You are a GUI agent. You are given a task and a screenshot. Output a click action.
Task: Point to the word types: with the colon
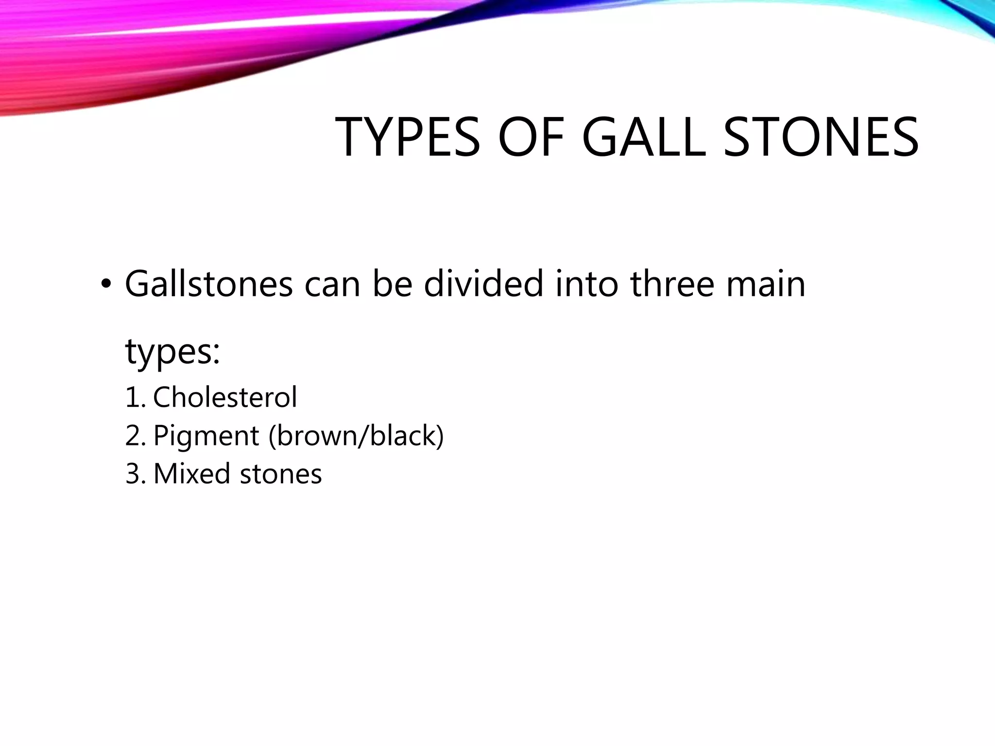tap(172, 352)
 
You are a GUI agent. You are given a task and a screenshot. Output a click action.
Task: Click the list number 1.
tap(134, 397)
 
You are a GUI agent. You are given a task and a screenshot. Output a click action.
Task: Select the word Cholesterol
tap(225, 397)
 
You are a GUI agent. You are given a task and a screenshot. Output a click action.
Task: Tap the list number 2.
tap(134, 436)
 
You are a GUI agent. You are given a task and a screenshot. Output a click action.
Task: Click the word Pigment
tap(206, 436)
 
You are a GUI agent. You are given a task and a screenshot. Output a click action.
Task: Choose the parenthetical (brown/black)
tap(356, 436)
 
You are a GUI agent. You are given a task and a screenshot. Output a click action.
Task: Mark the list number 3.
tap(134, 474)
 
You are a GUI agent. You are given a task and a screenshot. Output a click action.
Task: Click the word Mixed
tap(191, 474)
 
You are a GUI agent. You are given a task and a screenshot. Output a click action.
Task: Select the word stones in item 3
tap(281, 475)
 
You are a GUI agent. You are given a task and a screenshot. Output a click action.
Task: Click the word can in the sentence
tap(332, 285)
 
